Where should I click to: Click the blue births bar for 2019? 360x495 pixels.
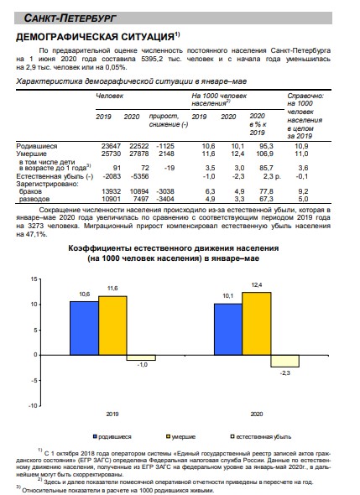tap(84, 328)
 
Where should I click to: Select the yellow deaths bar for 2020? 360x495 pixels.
tap(257, 324)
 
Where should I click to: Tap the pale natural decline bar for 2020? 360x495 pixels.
tap(284, 361)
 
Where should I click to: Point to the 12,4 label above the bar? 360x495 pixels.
tap(257, 285)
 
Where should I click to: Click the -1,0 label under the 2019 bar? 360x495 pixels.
tap(142, 365)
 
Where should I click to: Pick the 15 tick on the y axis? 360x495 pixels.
tap(34, 279)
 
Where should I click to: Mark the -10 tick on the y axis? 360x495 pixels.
tap(33, 406)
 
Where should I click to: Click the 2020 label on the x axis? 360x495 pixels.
tap(257, 414)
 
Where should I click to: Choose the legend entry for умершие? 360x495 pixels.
tap(181, 437)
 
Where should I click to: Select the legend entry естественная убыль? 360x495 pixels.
tap(261, 437)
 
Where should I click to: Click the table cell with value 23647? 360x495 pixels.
tap(111, 146)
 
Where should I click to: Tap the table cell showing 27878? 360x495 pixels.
tap(139, 154)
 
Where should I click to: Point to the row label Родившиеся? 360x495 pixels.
tap(37, 146)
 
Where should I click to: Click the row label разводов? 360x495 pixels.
tap(34, 199)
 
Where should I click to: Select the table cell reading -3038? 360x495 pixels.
tap(165, 191)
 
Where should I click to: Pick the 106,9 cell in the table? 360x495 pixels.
tap(264, 154)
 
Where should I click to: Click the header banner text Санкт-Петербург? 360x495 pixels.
tap(70, 18)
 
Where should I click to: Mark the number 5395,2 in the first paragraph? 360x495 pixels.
tap(152, 59)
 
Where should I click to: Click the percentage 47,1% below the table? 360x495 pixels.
tap(37, 234)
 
